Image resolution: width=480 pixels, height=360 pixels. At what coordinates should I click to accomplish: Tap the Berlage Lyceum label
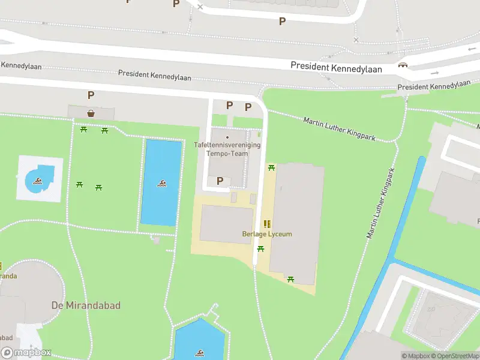267,234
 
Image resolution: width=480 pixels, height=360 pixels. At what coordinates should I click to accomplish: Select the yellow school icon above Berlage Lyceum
267,224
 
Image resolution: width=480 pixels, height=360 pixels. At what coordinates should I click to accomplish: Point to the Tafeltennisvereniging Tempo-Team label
227,149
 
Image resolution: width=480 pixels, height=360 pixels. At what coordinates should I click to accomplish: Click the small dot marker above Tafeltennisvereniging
227,137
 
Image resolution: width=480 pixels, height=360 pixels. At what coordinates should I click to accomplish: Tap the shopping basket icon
91,112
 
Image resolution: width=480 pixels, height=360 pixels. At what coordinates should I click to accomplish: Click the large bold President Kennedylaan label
336,68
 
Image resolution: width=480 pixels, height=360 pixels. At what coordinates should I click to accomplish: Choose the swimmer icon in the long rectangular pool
161,183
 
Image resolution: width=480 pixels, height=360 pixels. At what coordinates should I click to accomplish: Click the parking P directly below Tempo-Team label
220,180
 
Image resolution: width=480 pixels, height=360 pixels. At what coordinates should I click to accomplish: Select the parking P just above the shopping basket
91,95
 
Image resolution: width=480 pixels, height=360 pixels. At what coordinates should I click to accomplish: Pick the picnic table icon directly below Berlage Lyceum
260,248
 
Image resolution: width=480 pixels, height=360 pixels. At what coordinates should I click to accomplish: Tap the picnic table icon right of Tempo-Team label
271,167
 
